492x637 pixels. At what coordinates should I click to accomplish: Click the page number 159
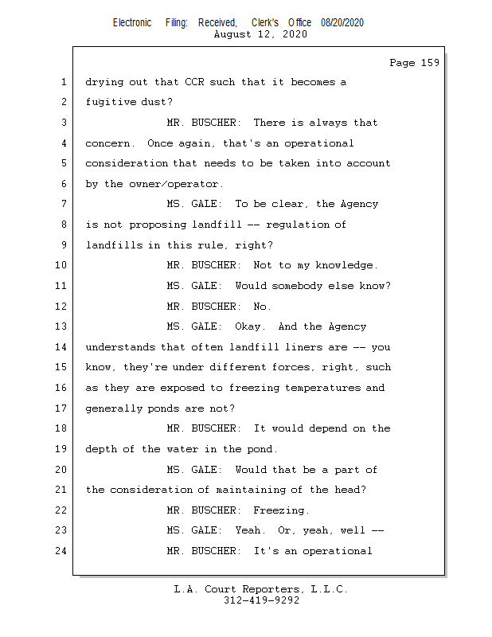[x=430, y=63]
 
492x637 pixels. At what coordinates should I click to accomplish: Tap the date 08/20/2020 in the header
[x=342, y=23]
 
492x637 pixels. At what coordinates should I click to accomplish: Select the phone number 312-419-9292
[x=261, y=600]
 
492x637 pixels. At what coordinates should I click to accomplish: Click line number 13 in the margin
[x=62, y=326]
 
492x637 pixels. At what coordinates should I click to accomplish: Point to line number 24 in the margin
[x=62, y=550]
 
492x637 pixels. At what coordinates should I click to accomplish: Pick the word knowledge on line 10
[x=344, y=265]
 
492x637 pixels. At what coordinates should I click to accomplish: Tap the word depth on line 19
[x=102, y=449]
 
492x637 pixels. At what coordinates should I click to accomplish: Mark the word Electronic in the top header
[x=132, y=23]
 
